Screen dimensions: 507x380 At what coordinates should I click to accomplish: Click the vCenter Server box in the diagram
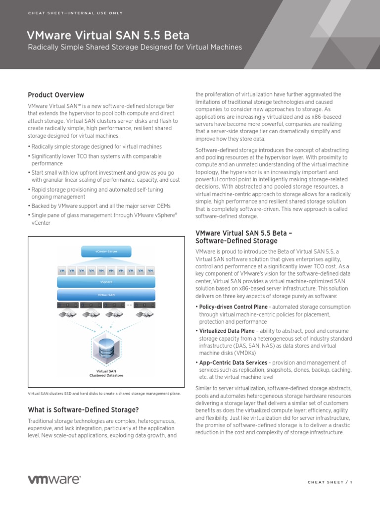pos(106,252)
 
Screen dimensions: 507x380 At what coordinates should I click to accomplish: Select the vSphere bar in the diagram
pos(106,282)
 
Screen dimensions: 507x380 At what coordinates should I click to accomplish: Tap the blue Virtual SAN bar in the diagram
pos(106,295)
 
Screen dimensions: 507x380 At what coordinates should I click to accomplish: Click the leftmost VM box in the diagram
pos(62,271)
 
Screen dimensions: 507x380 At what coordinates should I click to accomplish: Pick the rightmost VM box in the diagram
pos(150,271)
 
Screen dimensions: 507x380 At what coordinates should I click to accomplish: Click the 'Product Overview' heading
pos(56,95)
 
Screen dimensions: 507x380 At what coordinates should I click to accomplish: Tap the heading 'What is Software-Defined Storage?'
pos(83,410)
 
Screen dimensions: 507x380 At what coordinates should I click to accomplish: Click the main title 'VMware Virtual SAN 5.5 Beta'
pos(108,35)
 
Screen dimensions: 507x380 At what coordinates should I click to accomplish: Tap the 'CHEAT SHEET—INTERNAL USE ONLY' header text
pos(75,13)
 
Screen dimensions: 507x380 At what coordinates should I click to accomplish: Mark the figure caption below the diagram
pos(104,394)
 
